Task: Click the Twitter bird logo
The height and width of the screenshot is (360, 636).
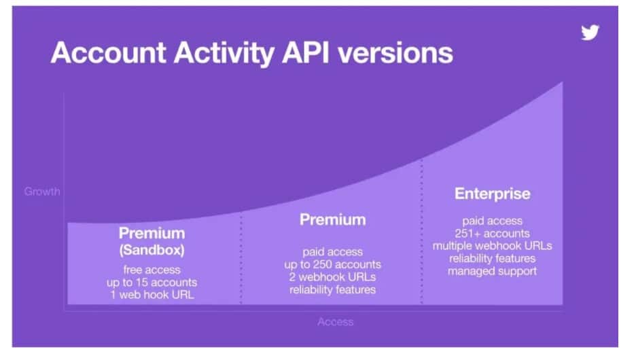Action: (x=590, y=33)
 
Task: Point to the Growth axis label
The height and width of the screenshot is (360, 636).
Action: (x=42, y=192)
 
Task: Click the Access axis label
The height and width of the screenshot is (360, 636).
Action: (x=335, y=321)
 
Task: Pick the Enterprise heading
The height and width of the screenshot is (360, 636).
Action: (x=492, y=194)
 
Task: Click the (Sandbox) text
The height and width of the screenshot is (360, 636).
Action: (x=152, y=250)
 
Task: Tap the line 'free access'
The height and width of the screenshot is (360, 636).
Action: (x=152, y=270)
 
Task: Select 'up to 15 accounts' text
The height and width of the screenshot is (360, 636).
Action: (x=152, y=282)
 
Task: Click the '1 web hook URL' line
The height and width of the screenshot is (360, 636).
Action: (x=152, y=295)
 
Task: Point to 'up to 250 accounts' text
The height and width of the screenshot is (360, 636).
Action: (x=332, y=264)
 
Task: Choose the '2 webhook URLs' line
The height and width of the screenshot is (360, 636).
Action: (x=332, y=277)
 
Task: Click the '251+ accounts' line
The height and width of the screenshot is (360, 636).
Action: (x=492, y=233)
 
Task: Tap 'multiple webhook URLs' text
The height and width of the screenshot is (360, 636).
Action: (x=492, y=246)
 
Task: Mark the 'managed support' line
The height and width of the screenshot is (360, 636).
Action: (x=492, y=271)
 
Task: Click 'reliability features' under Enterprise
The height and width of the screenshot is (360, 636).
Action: (x=492, y=258)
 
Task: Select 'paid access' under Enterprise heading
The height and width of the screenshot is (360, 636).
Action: (x=492, y=220)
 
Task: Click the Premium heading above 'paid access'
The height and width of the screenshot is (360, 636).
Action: (x=332, y=219)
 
